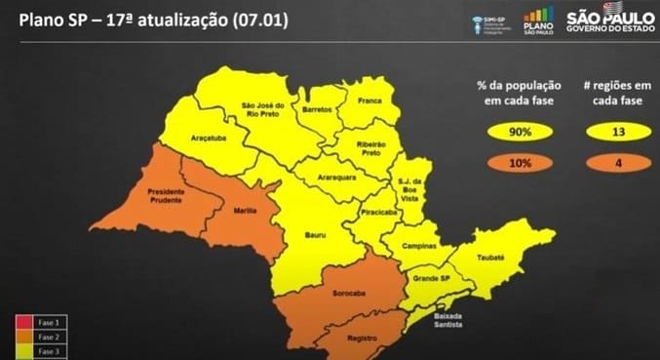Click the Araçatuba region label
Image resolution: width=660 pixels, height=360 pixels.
tap(191, 140)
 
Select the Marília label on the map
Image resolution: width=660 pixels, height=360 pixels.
tap(245, 210)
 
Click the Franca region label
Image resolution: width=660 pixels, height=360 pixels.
tap(369, 100)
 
